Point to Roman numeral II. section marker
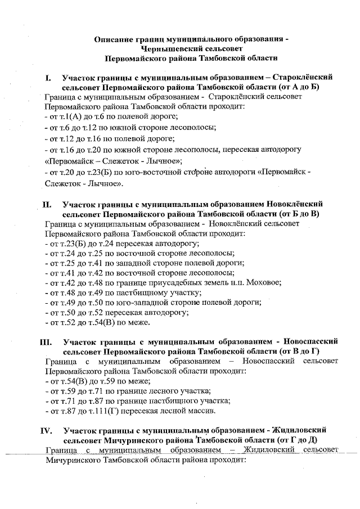click(47, 204)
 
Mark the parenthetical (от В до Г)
click(308, 350)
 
